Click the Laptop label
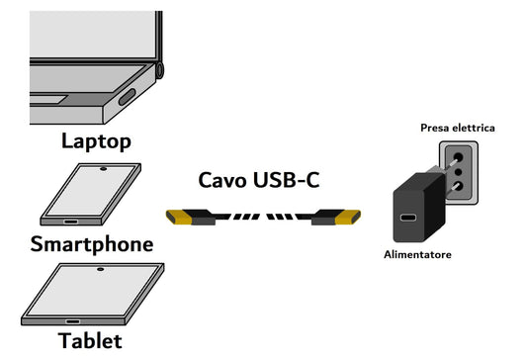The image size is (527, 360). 96,140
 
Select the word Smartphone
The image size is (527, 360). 91,243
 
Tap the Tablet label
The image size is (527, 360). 90,342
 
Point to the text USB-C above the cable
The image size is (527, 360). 285,180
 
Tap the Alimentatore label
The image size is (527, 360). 417,255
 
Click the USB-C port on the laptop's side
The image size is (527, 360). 128,97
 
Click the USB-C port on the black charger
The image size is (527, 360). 407,219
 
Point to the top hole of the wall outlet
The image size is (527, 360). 457,154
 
